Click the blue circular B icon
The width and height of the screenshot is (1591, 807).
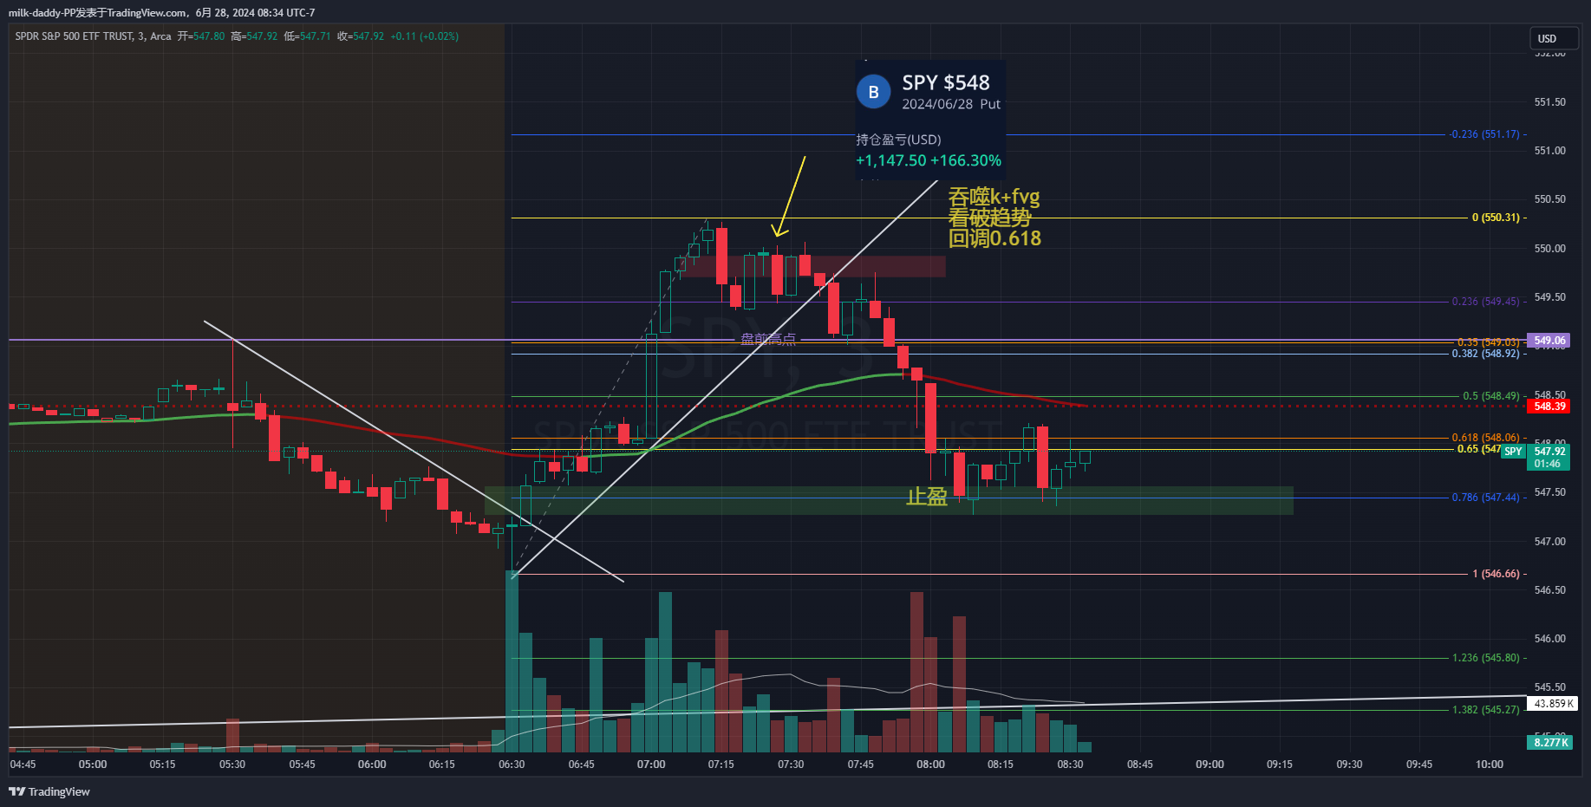point(873,92)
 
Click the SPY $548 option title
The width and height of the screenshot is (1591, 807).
point(945,83)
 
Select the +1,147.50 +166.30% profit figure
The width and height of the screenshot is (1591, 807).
point(928,160)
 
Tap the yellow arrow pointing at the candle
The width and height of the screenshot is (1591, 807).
point(791,195)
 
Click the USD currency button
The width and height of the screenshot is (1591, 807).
point(1547,39)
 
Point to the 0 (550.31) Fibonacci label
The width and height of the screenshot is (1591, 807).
point(1496,218)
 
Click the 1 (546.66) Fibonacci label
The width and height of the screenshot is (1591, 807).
point(1496,574)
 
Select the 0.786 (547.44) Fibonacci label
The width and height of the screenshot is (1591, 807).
point(1485,498)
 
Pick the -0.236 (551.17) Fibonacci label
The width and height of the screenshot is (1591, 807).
point(1484,134)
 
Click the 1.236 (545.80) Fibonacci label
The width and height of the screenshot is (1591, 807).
point(1485,658)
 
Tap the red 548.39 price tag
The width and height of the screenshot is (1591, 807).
point(1549,407)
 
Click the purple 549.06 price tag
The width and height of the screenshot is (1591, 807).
point(1549,341)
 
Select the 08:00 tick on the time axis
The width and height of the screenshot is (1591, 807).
point(930,765)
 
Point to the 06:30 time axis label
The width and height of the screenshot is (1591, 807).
point(512,765)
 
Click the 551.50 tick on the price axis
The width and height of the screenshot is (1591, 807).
point(1549,102)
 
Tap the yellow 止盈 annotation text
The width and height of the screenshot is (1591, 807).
point(927,497)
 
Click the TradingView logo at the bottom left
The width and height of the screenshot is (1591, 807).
point(50,791)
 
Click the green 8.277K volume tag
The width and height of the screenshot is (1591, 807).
point(1550,742)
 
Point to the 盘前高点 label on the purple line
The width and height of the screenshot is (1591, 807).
point(768,339)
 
